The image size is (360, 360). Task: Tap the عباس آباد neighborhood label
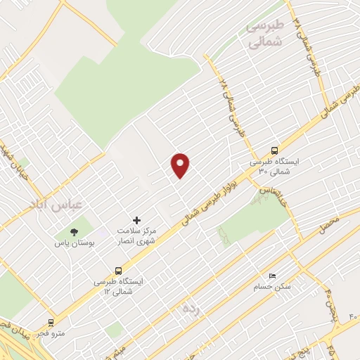point(56,205)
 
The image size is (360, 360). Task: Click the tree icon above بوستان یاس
point(74,231)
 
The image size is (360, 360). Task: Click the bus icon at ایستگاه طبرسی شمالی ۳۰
point(274,150)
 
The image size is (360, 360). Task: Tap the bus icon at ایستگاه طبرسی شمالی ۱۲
point(118,270)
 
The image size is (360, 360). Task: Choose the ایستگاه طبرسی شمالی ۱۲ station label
point(119,285)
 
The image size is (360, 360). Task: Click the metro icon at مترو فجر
point(51,322)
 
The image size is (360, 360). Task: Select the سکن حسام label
point(272,287)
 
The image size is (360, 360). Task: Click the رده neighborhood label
point(191,308)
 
